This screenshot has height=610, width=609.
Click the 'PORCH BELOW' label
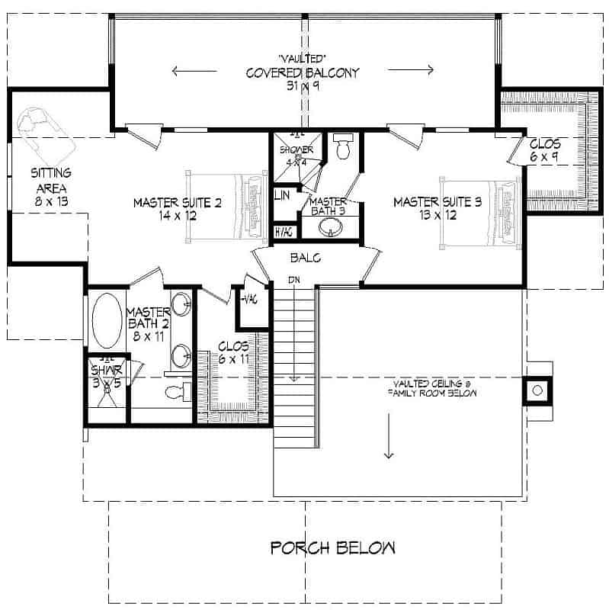click(333, 547)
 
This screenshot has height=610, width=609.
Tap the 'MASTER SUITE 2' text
click(177, 209)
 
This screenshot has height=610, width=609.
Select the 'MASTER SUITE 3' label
click(437, 209)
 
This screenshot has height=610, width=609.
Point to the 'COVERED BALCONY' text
click(302, 73)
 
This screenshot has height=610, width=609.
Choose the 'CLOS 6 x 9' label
click(544, 149)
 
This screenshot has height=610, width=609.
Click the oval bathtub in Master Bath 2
click(105, 319)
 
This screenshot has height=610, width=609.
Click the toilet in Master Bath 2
click(177, 392)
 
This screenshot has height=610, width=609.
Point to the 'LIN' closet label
click(281, 196)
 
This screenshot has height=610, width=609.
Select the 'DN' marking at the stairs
click(293, 279)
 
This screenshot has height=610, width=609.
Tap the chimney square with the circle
click(537, 390)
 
